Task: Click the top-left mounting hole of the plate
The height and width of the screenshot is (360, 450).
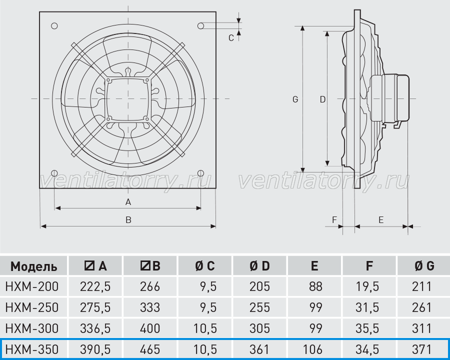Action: tap(54, 26)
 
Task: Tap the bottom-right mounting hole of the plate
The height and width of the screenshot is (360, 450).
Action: tap(201, 173)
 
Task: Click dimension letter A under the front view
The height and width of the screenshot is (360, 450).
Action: tap(128, 202)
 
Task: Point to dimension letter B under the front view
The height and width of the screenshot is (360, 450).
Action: tap(128, 220)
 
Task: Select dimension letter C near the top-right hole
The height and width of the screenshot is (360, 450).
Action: tap(231, 38)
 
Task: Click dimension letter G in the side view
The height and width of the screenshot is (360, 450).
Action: tap(295, 99)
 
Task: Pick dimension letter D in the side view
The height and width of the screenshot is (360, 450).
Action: tap(322, 99)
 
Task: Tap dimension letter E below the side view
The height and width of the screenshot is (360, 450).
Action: tap(381, 220)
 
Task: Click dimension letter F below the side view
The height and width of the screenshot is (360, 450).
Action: tap(334, 220)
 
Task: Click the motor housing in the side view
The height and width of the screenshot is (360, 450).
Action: tap(389, 98)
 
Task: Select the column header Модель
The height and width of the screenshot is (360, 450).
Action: tap(33, 266)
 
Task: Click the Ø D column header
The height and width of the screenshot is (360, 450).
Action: tap(259, 266)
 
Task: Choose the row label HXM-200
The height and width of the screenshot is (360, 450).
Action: tap(32, 286)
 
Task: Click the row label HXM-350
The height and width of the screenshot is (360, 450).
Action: tap(32, 349)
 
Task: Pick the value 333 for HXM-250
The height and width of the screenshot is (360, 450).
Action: tap(150, 307)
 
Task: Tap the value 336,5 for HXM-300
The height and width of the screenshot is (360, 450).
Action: tap(95, 328)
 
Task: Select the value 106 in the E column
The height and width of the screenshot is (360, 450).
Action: tap(312, 349)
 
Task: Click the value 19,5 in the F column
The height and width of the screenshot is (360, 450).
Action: tap(367, 286)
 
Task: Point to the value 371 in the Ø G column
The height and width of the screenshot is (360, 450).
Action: tap(422, 349)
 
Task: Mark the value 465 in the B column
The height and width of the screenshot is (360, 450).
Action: tap(150, 349)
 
